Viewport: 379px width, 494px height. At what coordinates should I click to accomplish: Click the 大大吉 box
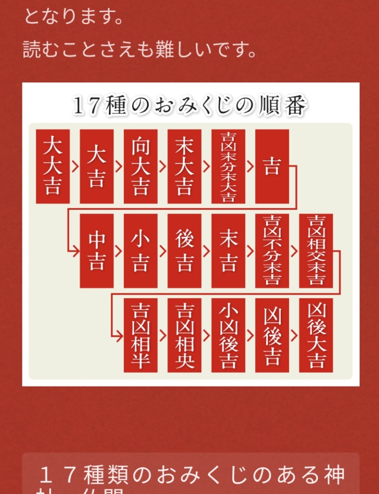coord(53,166)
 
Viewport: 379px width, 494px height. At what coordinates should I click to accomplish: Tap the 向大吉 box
coord(140,166)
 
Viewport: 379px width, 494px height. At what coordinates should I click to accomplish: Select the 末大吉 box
coord(184,166)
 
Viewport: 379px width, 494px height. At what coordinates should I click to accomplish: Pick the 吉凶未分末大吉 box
coord(228,166)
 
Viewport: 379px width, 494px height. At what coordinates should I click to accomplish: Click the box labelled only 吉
coord(272,166)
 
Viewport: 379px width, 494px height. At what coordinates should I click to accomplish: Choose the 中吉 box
coord(96,251)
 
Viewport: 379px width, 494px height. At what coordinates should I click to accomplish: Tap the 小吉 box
coord(140,251)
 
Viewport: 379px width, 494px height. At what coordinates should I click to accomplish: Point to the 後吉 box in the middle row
coord(184,251)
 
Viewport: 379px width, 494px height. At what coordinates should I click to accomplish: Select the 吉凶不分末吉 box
coord(272,251)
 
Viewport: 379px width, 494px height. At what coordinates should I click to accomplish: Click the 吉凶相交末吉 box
coord(316,251)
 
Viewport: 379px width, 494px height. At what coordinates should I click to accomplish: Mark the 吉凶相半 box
coord(140,335)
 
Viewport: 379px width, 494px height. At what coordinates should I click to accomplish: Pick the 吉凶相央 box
coord(184,335)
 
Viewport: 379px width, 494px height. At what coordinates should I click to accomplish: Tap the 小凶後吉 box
coord(228,335)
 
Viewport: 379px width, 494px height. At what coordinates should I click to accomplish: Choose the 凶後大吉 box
coord(316,335)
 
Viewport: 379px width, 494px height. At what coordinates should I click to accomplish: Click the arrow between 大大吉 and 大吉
coord(75,166)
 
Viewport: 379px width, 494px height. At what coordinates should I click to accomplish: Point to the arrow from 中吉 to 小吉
coord(118,251)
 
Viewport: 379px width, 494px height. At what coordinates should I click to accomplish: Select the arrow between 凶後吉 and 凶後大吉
coord(294,335)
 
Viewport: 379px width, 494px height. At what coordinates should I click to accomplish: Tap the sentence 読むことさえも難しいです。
coord(139,49)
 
